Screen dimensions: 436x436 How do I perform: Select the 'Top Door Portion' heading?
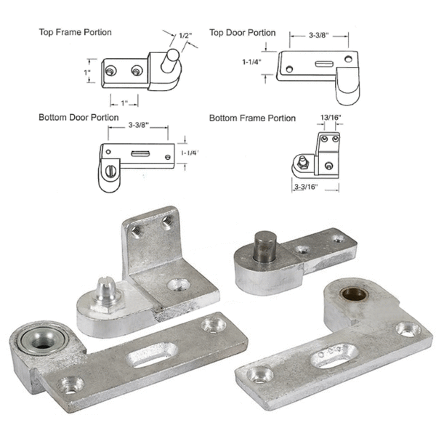(x=242, y=33)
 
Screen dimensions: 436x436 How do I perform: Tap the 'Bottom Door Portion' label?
(x=79, y=117)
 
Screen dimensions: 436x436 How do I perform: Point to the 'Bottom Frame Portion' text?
(x=252, y=118)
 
